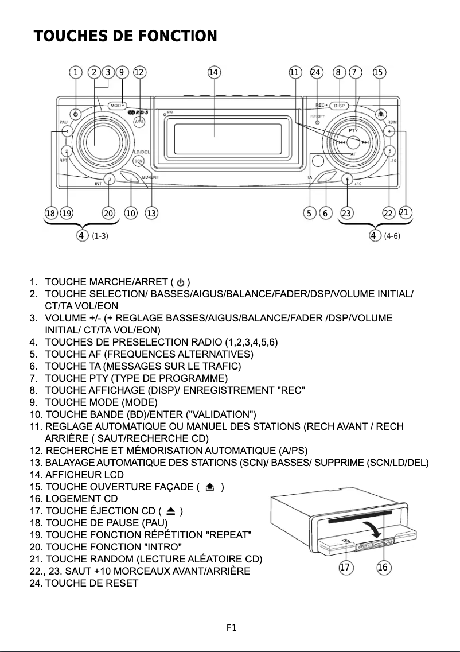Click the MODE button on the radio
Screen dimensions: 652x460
pyautogui.click(x=118, y=106)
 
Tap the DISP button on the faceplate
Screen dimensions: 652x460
pyautogui.click(x=340, y=106)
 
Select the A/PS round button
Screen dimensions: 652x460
pyautogui.click(x=139, y=122)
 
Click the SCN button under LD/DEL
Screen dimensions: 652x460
pyautogui.click(x=138, y=161)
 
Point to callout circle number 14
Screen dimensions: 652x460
pyautogui.click(x=214, y=72)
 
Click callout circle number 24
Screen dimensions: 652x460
pyautogui.click(x=316, y=72)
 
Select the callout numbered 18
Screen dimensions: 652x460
pyautogui.click(x=50, y=214)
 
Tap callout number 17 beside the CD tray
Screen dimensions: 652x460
pyautogui.click(x=345, y=568)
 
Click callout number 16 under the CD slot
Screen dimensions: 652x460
pyautogui.click(x=383, y=568)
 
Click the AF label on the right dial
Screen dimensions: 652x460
pyautogui.click(x=353, y=154)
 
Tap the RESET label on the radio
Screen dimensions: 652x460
pyautogui.click(x=318, y=117)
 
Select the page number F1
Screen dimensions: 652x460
pyautogui.click(x=231, y=628)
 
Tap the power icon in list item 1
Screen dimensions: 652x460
pyautogui.click(x=181, y=282)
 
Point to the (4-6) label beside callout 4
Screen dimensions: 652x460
pyautogui.click(x=392, y=236)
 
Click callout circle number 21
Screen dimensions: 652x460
pyautogui.click(x=404, y=212)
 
